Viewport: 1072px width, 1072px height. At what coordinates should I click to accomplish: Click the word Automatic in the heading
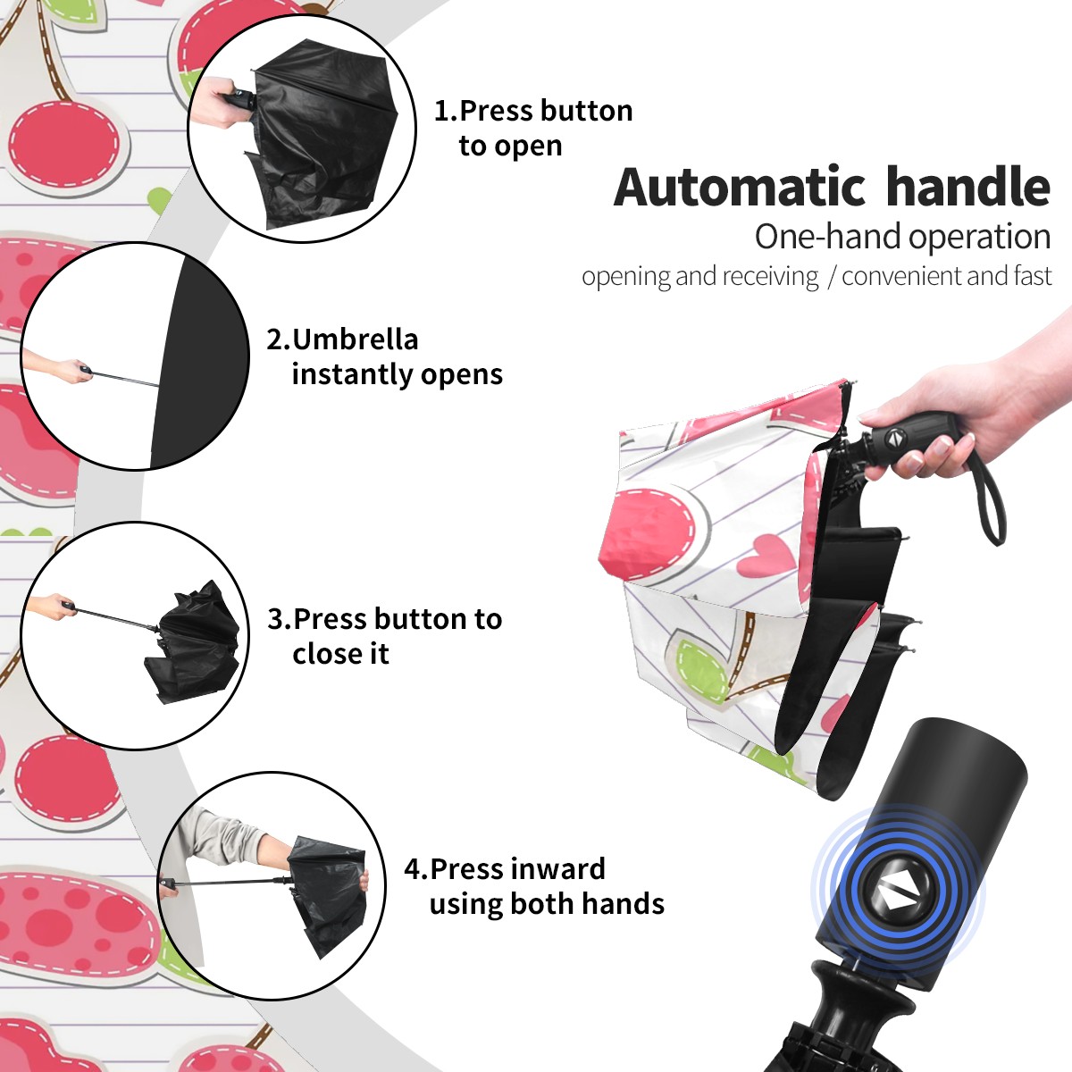740,187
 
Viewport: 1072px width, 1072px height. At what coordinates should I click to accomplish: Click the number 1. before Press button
446,111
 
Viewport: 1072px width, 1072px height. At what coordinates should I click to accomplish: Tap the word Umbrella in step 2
356,339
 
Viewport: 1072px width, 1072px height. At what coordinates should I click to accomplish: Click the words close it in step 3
340,654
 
